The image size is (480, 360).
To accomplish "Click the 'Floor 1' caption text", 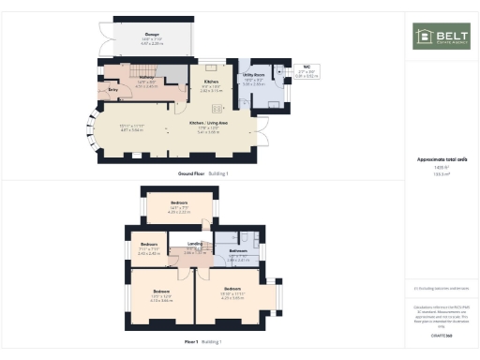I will coord(190,341).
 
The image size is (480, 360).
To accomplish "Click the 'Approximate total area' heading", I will coord(442,159).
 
